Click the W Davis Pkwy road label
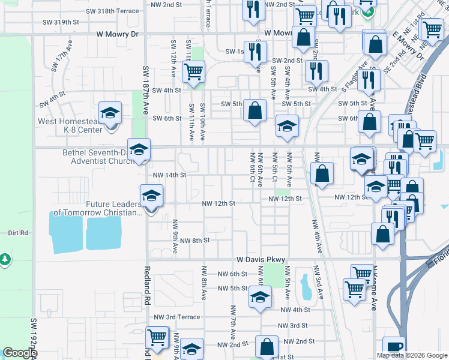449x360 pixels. tap(260, 260)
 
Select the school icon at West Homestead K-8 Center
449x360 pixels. tap(110, 114)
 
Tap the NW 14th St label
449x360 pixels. tap(170, 175)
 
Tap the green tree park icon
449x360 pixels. tap(5, 259)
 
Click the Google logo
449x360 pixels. tap(19, 353)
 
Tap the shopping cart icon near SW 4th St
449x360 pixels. tap(193, 73)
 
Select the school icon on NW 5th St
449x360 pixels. tap(260, 298)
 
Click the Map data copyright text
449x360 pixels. tap(412, 355)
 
